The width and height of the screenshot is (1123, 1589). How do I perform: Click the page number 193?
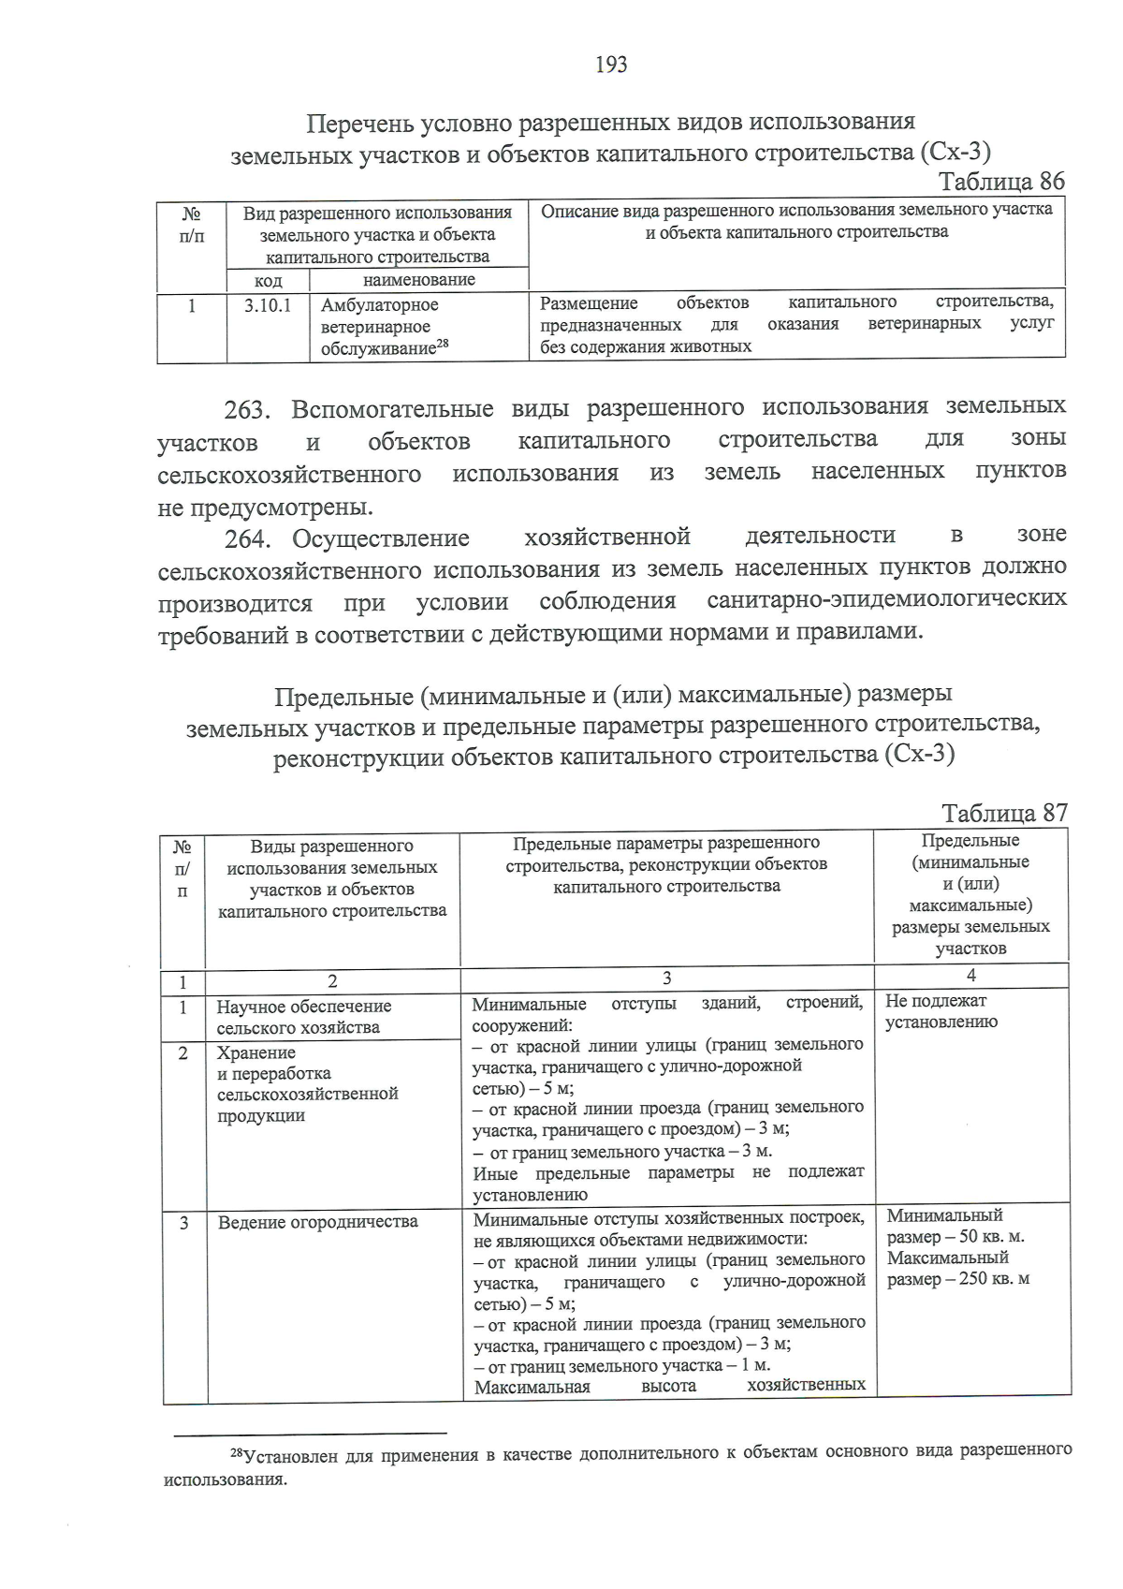click(610, 65)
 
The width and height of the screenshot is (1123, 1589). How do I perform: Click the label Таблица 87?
click(1003, 812)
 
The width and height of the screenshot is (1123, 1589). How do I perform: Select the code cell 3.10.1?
click(268, 305)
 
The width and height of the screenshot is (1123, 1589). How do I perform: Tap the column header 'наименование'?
click(418, 280)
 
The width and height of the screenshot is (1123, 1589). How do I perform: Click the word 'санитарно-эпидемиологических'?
click(886, 599)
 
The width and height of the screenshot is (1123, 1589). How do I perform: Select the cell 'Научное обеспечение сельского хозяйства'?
click(303, 1017)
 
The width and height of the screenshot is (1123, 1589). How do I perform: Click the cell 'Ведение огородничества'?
click(317, 1222)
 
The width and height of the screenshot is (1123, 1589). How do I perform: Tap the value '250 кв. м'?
click(994, 1279)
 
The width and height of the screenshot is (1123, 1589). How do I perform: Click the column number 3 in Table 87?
click(666, 978)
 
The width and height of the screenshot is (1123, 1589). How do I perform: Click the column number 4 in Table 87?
click(970, 976)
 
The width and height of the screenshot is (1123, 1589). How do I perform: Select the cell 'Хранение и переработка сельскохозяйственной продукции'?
click(307, 1083)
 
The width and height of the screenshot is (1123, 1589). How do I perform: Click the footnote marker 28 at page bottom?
click(236, 1452)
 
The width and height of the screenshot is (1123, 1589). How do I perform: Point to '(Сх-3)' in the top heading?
click(955, 152)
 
